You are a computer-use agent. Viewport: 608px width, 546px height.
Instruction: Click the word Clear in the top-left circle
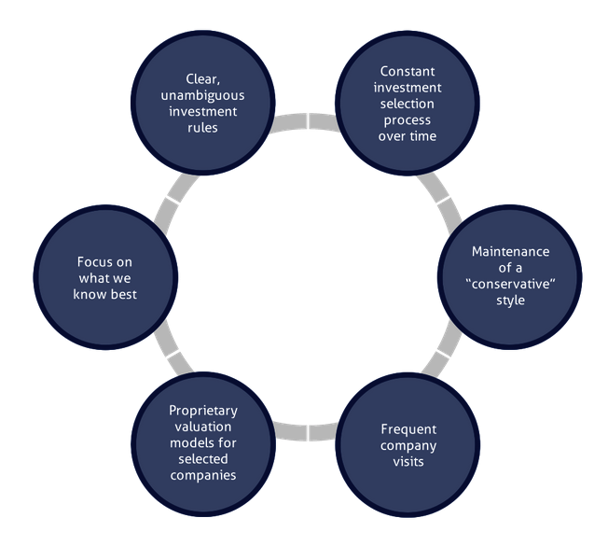[x=200, y=80]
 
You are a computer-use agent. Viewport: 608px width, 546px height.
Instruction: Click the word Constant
[x=408, y=72]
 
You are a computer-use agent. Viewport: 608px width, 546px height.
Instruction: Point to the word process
[x=408, y=119]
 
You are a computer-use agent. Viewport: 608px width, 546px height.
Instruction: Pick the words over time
[x=408, y=135]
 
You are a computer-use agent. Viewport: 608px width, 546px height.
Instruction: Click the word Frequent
[x=408, y=429]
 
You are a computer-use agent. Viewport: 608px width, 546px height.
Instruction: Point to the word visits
[x=408, y=461]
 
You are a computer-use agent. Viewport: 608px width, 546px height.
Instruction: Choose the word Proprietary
[x=203, y=412]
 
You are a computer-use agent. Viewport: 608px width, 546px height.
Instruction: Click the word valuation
[x=202, y=427]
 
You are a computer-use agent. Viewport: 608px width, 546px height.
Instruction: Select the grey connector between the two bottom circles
[x=306, y=431]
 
